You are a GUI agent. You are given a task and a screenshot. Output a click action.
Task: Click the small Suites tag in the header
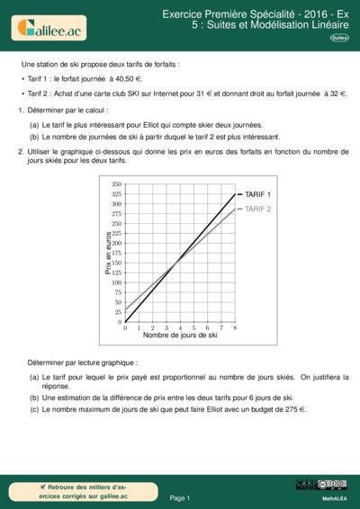point(339,38)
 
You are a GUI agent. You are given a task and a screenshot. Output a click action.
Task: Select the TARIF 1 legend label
point(257,194)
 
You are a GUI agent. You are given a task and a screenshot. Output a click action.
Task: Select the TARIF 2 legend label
point(258,209)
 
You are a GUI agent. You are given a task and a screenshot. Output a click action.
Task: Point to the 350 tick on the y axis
point(116,184)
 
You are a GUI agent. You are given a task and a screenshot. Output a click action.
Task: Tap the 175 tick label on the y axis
point(116,253)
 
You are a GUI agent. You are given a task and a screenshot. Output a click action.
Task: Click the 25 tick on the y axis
point(118,312)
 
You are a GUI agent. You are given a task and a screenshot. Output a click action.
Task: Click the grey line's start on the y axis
point(125,309)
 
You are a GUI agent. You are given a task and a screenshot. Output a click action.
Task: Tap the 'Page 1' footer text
point(180,497)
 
